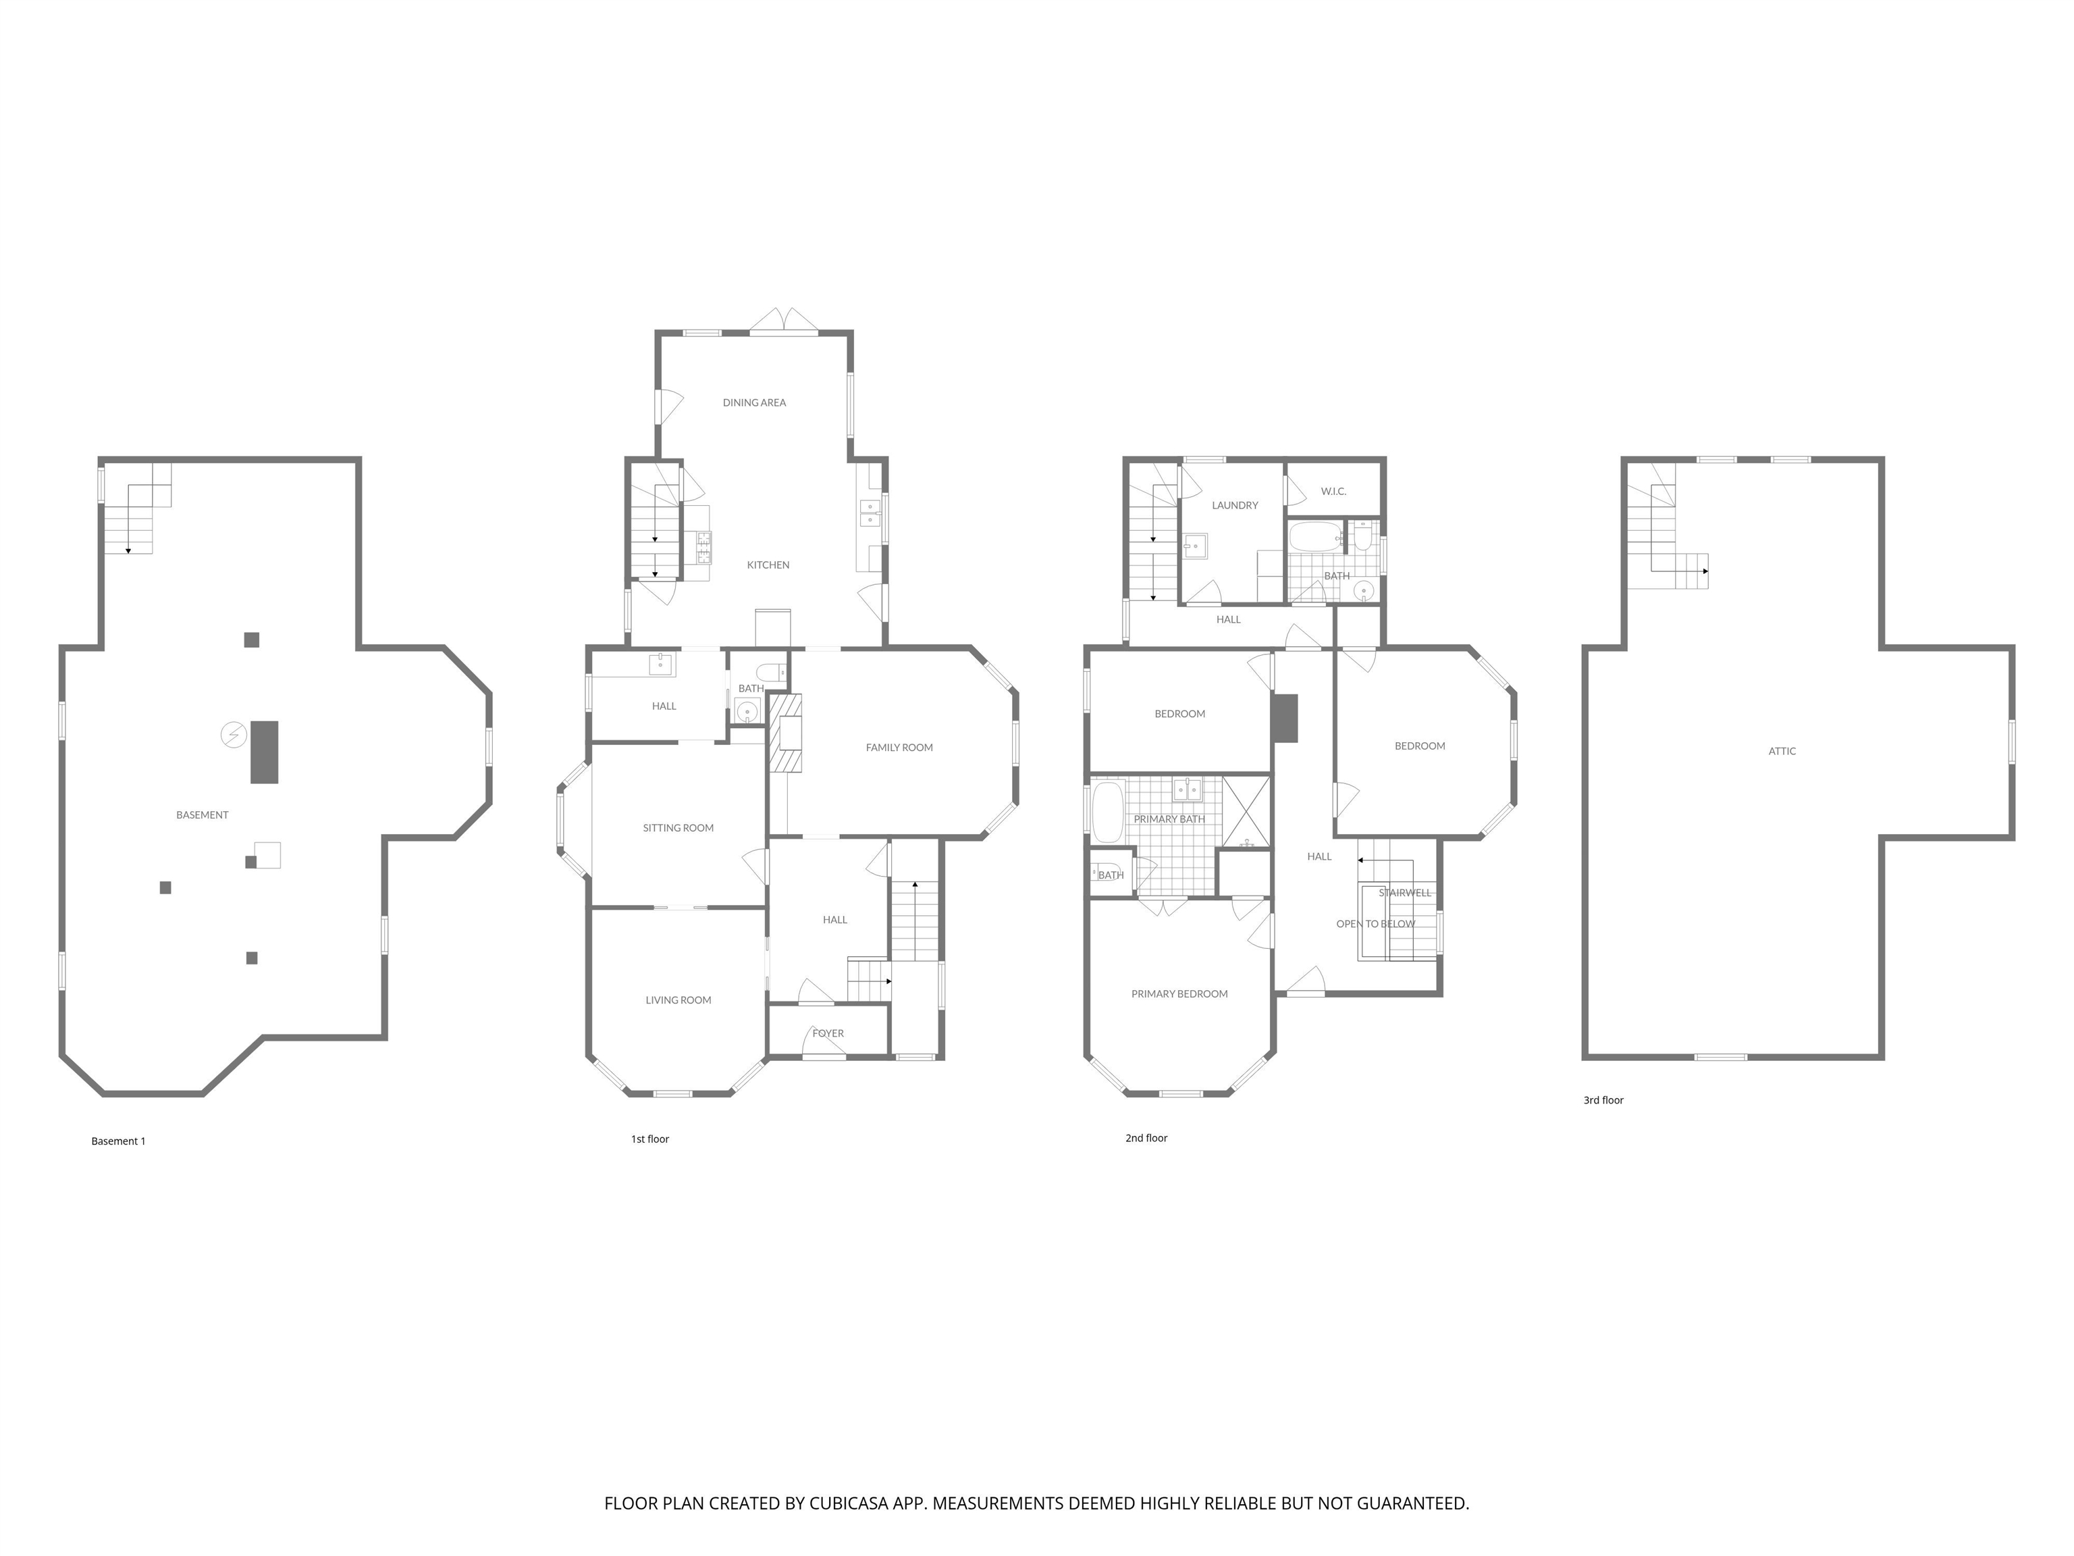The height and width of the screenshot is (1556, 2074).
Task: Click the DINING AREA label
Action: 754,403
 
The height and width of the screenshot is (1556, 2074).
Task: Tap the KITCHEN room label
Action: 768,565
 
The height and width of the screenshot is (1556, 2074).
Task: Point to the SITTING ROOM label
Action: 678,828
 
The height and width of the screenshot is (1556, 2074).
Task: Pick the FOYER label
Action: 828,1033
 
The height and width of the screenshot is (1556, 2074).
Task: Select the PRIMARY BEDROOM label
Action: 1179,994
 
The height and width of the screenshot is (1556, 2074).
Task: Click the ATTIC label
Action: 1782,751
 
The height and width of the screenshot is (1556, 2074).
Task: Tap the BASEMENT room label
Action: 202,815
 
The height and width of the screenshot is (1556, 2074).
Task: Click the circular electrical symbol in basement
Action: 232,734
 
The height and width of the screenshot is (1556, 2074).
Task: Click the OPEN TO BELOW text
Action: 1375,924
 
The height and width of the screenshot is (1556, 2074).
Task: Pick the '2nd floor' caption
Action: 1146,1138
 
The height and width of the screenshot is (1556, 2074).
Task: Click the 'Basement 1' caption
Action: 118,1141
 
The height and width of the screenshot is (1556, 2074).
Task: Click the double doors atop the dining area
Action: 784,321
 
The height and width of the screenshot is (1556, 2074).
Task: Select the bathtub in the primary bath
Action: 1107,812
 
